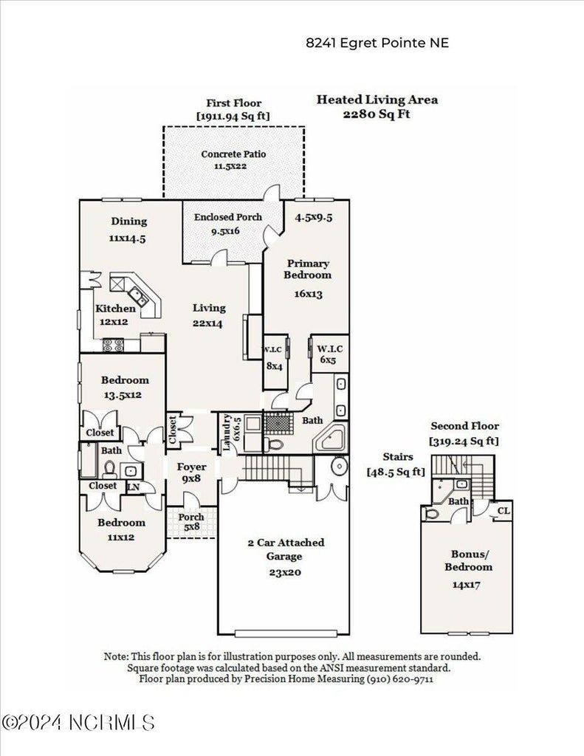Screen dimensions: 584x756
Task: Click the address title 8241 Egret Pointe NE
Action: point(377,43)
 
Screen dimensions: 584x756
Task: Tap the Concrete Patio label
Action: point(233,154)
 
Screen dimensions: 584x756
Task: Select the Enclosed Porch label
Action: point(227,217)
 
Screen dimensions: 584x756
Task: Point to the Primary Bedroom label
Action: point(308,269)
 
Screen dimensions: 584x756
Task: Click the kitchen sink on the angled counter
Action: point(138,297)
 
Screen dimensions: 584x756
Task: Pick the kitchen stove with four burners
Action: point(113,345)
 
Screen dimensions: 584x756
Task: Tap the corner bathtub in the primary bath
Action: point(330,438)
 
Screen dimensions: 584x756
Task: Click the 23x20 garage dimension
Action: point(285,572)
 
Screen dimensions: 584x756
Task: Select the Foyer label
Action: point(191,467)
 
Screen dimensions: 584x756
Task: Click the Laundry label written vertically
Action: point(227,433)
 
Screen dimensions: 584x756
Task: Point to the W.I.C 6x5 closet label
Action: point(330,354)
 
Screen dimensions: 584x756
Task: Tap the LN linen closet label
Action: point(134,487)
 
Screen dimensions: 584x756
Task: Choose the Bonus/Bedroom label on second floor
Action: point(468,561)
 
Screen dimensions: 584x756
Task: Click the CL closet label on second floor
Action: point(503,511)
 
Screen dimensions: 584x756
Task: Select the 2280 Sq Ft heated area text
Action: point(377,114)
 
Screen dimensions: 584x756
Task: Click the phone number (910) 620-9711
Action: point(399,679)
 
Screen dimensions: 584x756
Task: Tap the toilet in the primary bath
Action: point(275,443)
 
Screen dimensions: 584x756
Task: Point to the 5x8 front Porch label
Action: point(191,522)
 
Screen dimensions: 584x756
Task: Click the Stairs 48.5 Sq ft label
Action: point(396,464)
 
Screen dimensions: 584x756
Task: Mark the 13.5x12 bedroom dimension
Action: point(123,395)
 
